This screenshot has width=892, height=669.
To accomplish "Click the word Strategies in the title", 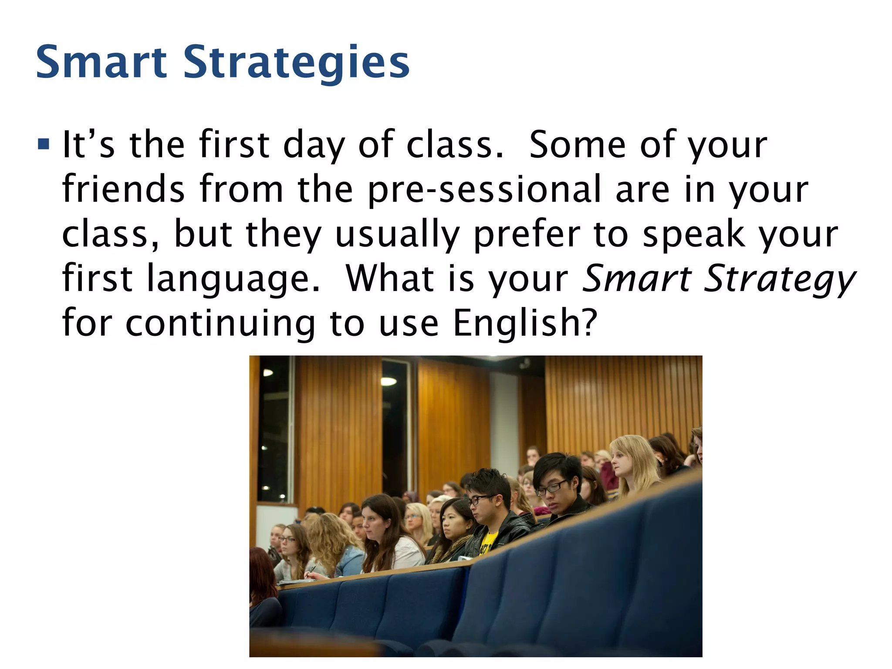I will click(297, 63).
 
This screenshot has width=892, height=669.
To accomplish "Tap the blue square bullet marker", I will click(44, 144).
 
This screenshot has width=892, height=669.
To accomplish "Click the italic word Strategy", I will click(779, 279).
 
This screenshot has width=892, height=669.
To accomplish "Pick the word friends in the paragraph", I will click(123, 189).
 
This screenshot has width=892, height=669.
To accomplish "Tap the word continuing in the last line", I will click(220, 323).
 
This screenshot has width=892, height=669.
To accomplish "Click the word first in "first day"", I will click(234, 145).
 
